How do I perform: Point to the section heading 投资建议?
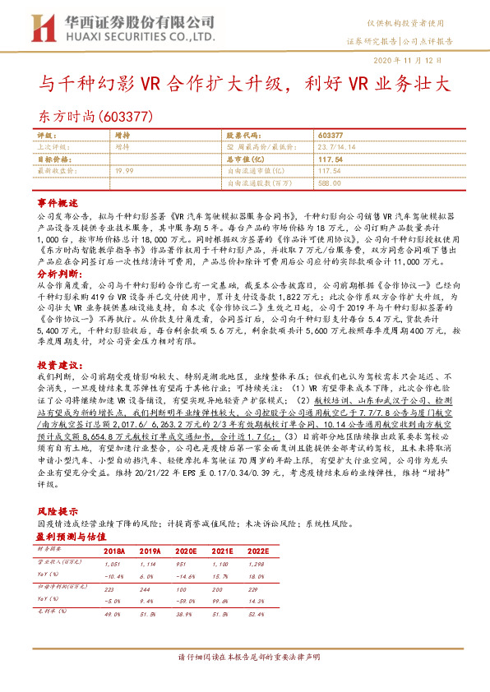(x=57, y=362)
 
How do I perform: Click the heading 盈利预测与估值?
(x=72, y=535)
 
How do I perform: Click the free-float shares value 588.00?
(x=329, y=182)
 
